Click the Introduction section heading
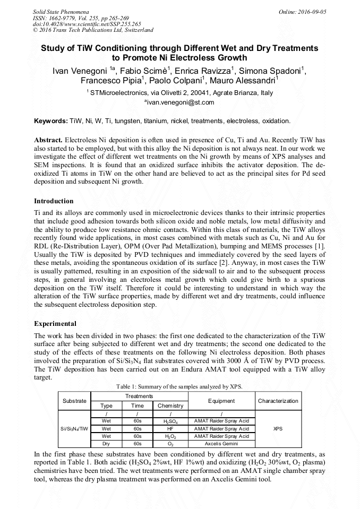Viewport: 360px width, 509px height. pyautogui.click(x=54, y=201)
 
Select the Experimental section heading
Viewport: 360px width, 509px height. pyautogui.click(x=55, y=323)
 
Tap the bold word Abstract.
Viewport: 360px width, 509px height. pyautogui.click(x=48, y=140)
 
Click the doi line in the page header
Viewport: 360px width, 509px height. pyautogui.click(x=87, y=24)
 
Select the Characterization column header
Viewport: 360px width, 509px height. pyautogui.click(x=278, y=401)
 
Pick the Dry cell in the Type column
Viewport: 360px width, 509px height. pyautogui.click(x=106, y=443)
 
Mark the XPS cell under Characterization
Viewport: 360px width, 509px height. pyautogui.click(x=278, y=428)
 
